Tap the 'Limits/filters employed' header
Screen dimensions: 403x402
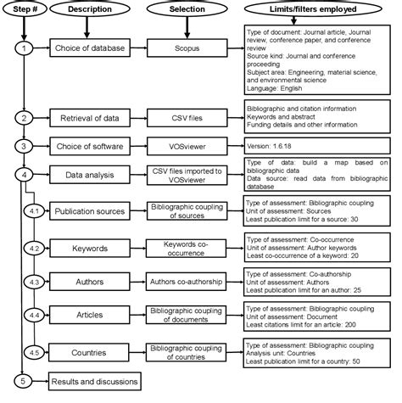tap(319, 10)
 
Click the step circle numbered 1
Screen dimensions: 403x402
tap(26, 49)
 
